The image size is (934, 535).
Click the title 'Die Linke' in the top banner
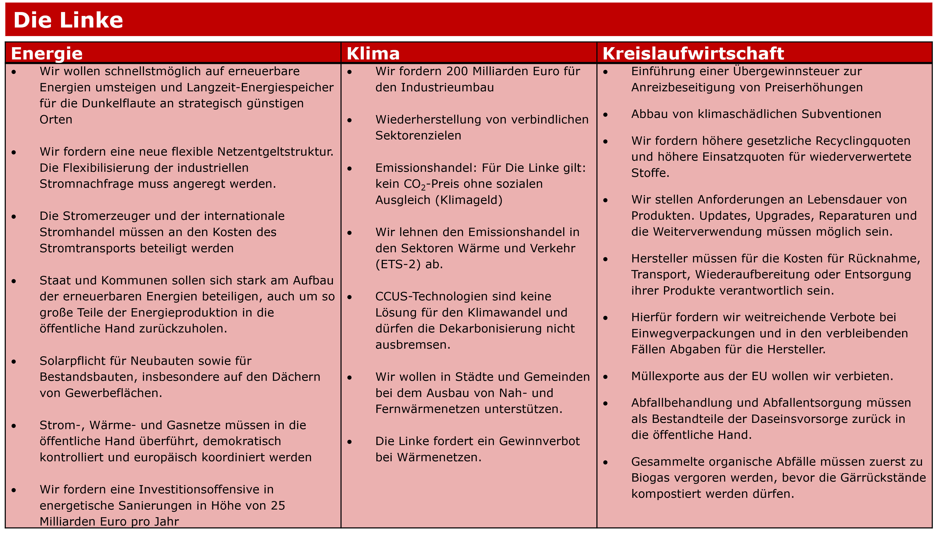68,20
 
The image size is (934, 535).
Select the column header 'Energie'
47,54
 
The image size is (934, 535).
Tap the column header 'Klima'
373,54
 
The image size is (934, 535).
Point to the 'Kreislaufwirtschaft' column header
693,54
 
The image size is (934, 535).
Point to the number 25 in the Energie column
278,506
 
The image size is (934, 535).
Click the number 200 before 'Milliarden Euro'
458,71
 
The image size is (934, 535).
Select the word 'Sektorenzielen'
418,135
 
